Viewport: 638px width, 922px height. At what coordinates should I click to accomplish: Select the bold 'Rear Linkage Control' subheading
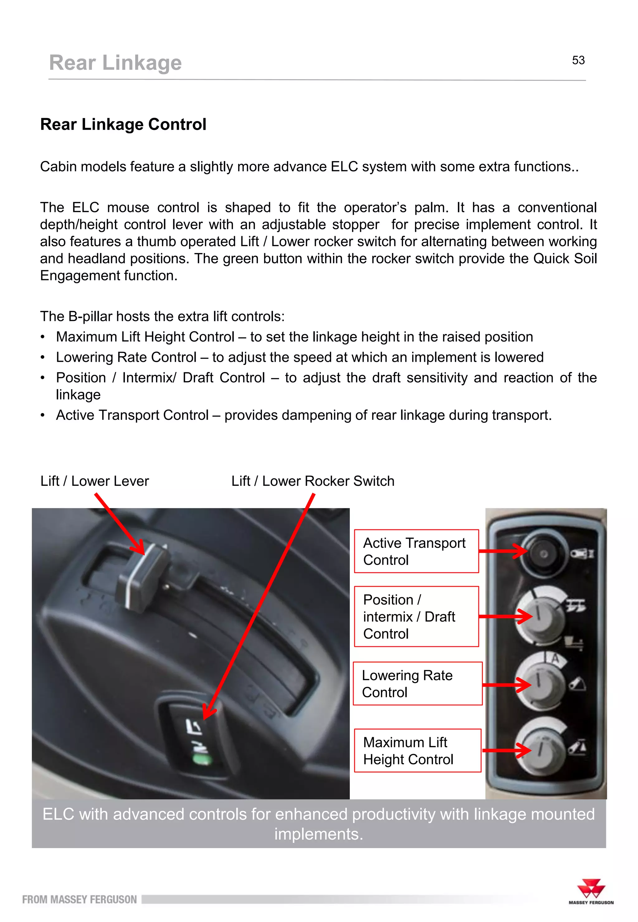click(123, 124)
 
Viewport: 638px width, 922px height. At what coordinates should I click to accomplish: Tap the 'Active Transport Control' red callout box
click(416, 551)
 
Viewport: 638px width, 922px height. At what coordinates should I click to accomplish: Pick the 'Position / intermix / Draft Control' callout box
click(416, 616)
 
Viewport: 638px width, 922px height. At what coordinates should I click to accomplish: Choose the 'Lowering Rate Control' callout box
click(417, 683)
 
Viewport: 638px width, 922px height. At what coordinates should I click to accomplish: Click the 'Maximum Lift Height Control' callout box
click(417, 751)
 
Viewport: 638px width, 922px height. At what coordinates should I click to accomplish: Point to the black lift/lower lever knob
click(142, 576)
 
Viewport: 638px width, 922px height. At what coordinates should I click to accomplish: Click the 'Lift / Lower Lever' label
click(94, 481)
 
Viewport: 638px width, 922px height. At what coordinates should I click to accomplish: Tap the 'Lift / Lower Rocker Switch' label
click(312, 481)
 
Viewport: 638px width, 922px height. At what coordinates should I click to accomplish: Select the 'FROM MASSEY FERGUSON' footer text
click(79, 900)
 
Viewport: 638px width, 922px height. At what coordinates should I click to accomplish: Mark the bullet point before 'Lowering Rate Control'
click(42, 357)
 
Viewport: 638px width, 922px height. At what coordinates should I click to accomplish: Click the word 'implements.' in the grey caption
click(319, 834)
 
